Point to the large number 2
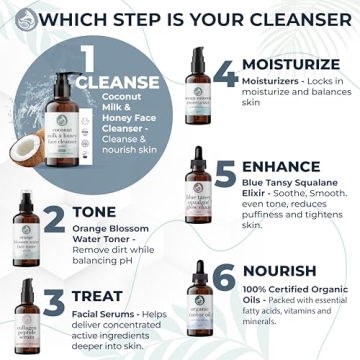click(55, 219)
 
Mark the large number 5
click(226, 175)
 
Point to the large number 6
click(226, 277)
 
